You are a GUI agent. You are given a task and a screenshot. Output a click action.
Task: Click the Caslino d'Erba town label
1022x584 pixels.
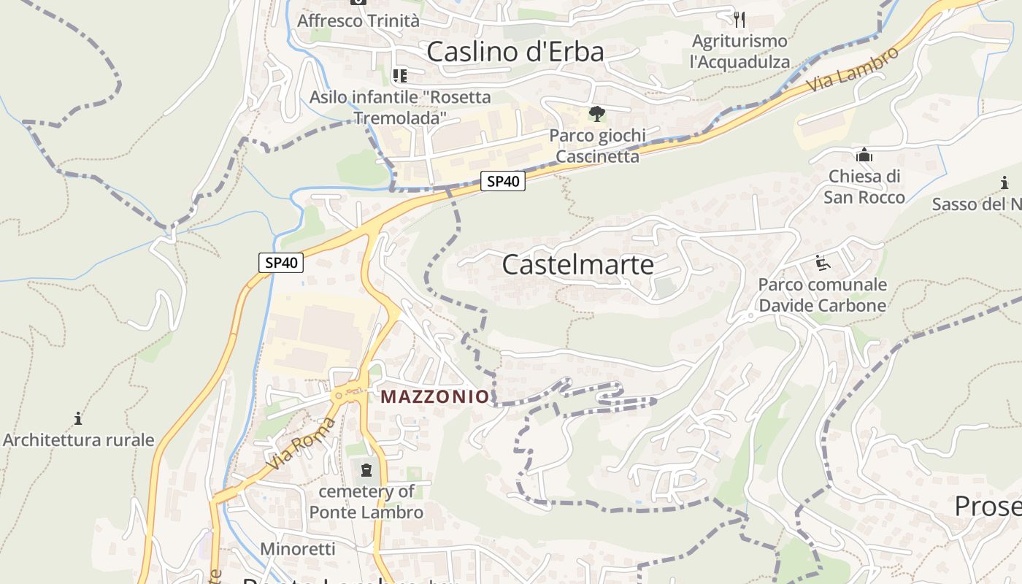pyautogui.click(x=515, y=52)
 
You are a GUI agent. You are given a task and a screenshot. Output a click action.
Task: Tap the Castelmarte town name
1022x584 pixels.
pyautogui.click(x=577, y=264)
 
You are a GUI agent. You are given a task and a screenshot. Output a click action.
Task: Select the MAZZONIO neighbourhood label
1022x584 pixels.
pyautogui.click(x=434, y=396)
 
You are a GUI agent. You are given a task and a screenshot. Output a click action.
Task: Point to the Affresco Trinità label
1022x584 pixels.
pyautogui.click(x=358, y=20)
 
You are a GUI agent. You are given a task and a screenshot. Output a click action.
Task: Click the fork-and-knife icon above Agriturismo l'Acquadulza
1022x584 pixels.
pyautogui.click(x=739, y=18)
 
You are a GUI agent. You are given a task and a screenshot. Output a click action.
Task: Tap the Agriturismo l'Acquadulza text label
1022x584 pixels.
pyautogui.click(x=739, y=51)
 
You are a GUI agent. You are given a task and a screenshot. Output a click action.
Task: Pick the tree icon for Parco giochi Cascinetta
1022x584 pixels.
pyautogui.click(x=596, y=114)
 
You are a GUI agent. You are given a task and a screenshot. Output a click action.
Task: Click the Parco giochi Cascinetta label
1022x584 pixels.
pyautogui.click(x=597, y=145)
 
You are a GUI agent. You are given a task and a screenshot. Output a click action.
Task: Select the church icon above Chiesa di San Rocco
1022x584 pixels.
pyautogui.click(x=864, y=155)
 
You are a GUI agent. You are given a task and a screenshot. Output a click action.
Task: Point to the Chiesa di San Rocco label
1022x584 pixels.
pyautogui.click(x=864, y=187)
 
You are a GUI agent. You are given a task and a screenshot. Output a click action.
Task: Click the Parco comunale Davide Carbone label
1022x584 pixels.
pyautogui.click(x=822, y=295)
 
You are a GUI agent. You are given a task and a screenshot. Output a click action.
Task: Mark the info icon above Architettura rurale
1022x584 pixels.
pyautogui.click(x=78, y=418)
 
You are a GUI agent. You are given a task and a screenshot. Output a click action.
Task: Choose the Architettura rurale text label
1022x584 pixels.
pyautogui.click(x=78, y=439)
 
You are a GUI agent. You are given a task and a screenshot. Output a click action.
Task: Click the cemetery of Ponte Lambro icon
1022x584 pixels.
pyautogui.click(x=366, y=469)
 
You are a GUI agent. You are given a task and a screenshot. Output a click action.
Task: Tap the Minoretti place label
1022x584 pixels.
pyautogui.click(x=298, y=548)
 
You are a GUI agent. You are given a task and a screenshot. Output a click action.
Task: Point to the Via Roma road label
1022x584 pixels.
pyautogui.click(x=301, y=444)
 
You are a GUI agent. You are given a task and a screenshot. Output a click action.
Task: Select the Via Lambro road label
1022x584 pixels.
pyautogui.click(x=853, y=70)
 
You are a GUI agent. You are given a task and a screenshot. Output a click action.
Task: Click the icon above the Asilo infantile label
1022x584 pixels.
pyautogui.click(x=399, y=75)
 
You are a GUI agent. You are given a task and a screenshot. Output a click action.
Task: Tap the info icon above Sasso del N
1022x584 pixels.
pyautogui.click(x=1004, y=183)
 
